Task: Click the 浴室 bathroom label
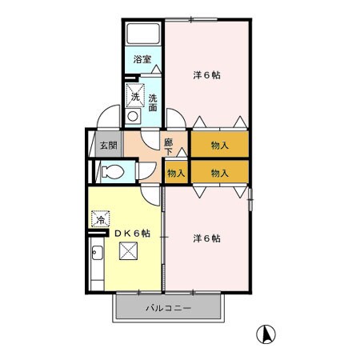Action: [x=142, y=60]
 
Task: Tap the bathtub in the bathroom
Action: [x=145, y=34]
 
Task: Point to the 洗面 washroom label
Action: [x=152, y=102]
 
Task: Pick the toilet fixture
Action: [x=113, y=170]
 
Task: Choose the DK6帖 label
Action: [x=132, y=233]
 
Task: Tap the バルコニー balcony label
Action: [x=167, y=307]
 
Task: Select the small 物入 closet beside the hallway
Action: [x=176, y=173]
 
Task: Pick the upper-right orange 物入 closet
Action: [x=219, y=146]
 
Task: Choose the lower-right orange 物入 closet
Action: [x=219, y=173]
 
